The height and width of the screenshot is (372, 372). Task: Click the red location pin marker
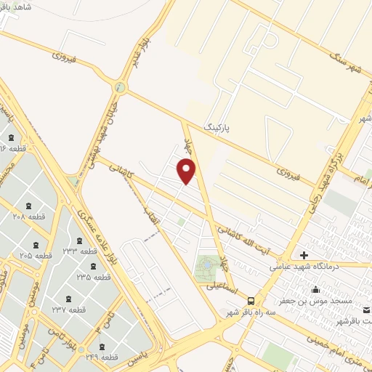point(187,171)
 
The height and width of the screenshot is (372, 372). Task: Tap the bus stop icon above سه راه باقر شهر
point(251,301)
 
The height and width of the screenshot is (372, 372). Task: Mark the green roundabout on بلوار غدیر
point(120,89)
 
